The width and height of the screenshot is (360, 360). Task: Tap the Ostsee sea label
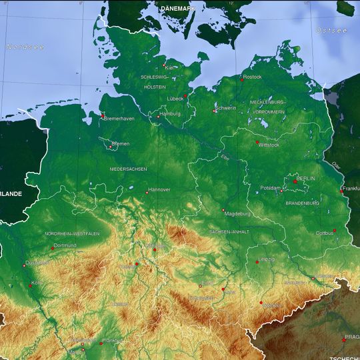(331, 31)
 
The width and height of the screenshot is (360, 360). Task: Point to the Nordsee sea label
(25, 47)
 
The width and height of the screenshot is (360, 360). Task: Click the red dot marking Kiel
(164, 65)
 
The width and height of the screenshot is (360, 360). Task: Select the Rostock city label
(253, 77)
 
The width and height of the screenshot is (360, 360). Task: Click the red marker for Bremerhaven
(102, 117)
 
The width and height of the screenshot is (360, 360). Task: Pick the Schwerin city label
(226, 108)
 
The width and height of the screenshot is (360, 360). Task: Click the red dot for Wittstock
(257, 142)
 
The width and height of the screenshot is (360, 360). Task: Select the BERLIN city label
(306, 179)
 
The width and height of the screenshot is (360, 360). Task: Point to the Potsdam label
(270, 188)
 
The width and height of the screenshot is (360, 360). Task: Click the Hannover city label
(159, 190)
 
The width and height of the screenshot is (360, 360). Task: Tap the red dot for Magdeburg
(223, 211)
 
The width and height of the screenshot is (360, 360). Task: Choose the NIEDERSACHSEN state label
(128, 169)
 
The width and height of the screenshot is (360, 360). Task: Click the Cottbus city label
(325, 233)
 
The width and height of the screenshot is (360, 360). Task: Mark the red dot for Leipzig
(257, 263)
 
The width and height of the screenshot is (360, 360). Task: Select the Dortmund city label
(65, 245)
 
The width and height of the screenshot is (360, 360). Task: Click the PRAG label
(352, 337)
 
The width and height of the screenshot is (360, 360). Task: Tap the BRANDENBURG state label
(303, 203)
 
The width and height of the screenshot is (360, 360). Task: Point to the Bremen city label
(121, 144)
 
